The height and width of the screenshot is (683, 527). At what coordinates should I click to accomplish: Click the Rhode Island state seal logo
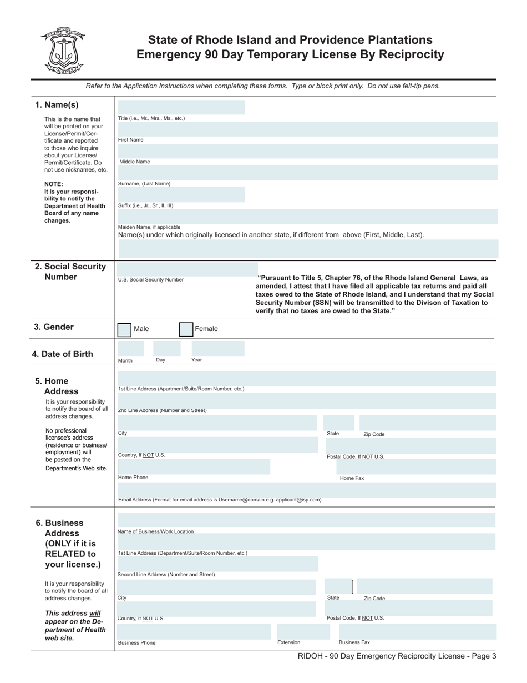coord(62,51)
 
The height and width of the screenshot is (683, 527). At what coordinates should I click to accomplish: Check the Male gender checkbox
coord(124,329)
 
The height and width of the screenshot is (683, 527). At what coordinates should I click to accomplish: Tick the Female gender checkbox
coord(186,329)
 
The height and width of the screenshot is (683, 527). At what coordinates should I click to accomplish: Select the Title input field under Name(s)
coord(181,107)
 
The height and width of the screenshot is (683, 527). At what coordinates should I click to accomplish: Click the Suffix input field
coord(181,194)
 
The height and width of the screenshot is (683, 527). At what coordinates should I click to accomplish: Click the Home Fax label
coord(352,478)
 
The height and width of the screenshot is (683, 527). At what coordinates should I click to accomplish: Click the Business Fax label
coord(354,642)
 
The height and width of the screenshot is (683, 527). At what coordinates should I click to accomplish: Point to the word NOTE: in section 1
coord(54,184)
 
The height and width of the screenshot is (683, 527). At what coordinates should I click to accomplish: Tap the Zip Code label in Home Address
coord(373,434)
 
